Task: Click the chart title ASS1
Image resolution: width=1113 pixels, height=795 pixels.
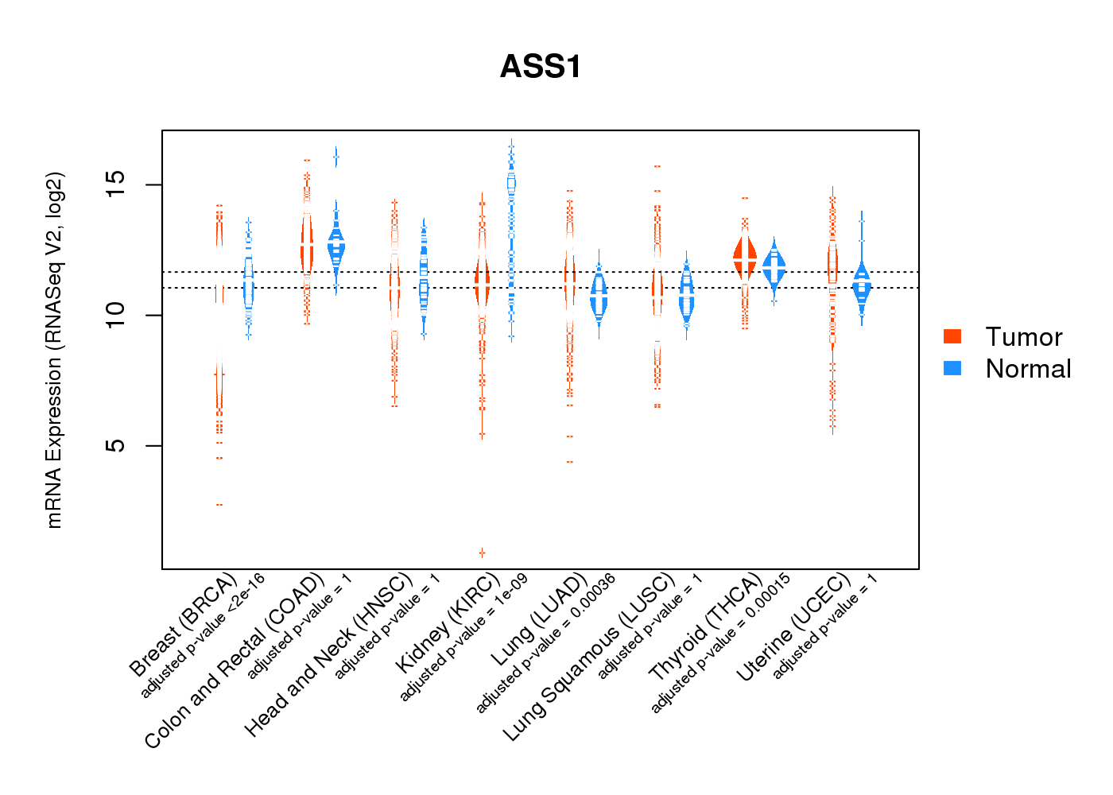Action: click(x=541, y=67)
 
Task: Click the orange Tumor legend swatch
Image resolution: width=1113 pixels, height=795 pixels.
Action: click(x=952, y=336)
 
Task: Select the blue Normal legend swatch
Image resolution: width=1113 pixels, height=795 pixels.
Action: click(x=952, y=368)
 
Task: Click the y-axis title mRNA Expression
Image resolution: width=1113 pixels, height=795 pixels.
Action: click(x=55, y=350)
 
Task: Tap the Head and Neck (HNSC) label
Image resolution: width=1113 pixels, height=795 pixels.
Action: click(x=328, y=654)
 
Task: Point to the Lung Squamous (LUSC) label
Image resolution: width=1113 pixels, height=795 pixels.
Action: click(x=589, y=657)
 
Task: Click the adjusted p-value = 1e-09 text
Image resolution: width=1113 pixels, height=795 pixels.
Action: click(x=463, y=638)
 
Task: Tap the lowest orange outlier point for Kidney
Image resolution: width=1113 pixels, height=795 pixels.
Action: click(x=482, y=553)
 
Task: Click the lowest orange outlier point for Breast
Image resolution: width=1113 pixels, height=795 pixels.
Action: click(x=219, y=505)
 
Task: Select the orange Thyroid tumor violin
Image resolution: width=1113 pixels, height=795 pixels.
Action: click(x=745, y=258)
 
